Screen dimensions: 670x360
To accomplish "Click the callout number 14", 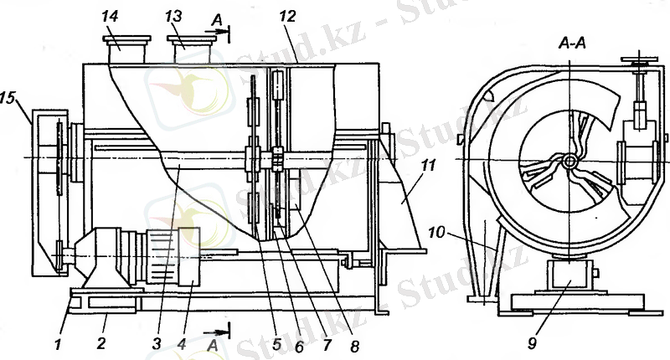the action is (110, 17).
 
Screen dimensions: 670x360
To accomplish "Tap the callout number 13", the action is (173, 17).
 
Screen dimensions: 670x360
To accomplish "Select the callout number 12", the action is (287, 17).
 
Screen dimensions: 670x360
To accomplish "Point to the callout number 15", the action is (8, 98).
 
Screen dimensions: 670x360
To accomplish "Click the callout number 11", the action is (427, 164).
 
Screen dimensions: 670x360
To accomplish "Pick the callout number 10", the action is (436, 232).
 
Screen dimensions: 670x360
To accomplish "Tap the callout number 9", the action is (532, 343).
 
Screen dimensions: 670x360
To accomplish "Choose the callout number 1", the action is (59, 344).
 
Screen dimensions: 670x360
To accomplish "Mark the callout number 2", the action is (100, 343).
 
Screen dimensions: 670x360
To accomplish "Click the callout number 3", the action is (157, 343).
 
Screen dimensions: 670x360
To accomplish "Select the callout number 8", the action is (355, 347).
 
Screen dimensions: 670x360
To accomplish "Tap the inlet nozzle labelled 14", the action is (126, 49).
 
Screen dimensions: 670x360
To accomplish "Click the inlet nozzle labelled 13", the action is (192, 49).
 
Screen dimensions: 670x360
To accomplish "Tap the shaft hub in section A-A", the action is (569, 161).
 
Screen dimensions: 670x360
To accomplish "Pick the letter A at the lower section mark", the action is (213, 346).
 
